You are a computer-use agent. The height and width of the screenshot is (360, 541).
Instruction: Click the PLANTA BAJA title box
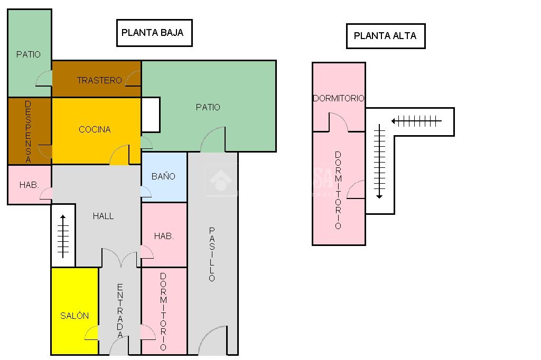[x=154, y=33]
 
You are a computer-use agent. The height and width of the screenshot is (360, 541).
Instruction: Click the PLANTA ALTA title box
[x=385, y=36]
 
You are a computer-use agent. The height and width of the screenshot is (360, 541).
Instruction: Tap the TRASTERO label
[x=99, y=80]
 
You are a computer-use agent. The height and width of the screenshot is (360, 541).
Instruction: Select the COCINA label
[x=95, y=129]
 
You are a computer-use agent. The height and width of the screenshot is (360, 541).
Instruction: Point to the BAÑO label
[x=163, y=176]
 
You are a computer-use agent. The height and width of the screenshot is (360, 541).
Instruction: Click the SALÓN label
[x=74, y=316]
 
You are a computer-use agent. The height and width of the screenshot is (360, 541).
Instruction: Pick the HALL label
[x=103, y=216]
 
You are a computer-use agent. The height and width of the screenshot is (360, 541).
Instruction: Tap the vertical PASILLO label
[x=212, y=254]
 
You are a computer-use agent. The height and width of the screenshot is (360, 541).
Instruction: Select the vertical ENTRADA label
[x=120, y=311]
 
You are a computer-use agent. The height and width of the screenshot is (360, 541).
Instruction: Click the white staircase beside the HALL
[x=63, y=235]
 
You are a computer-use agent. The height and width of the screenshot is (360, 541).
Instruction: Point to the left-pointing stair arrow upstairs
[x=416, y=121]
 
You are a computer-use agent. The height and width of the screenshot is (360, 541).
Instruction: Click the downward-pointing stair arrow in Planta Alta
[x=379, y=162]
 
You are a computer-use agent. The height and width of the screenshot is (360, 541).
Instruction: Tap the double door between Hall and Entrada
[x=120, y=259]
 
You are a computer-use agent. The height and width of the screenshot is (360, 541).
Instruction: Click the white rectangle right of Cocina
[x=151, y=115]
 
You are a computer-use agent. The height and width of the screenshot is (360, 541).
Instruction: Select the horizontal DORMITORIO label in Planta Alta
[x=338, y=98]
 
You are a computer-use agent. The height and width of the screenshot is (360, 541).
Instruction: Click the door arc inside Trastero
[x=133, y=78]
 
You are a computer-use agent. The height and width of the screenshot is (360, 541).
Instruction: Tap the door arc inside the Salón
[x=92, y=333]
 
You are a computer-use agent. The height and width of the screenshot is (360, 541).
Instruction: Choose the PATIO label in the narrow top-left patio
[x=29, y=54]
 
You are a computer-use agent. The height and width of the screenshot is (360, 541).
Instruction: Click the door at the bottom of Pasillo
[x=213, y=341]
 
